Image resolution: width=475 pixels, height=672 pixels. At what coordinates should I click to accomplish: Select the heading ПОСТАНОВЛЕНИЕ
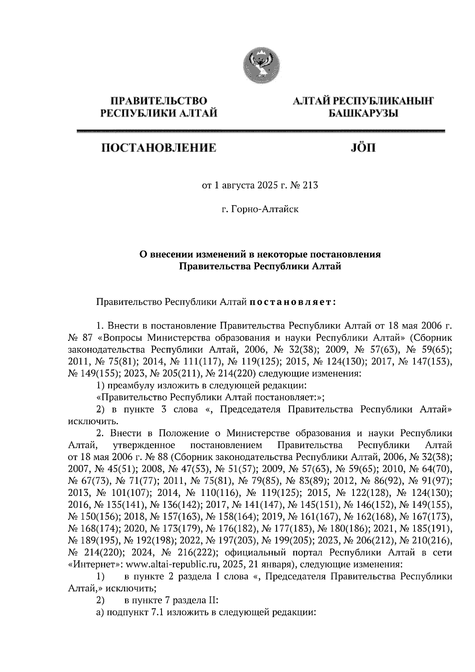(159, 148)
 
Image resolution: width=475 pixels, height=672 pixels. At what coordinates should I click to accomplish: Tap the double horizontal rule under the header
(260, 132)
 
